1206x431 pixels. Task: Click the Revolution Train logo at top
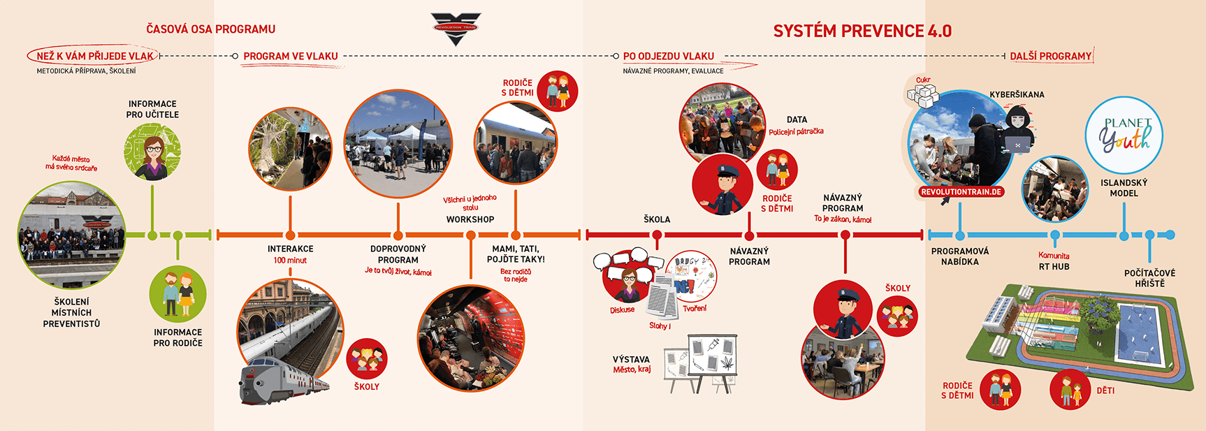[x=456, y=29]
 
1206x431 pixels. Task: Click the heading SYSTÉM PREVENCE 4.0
[x=862, y=31]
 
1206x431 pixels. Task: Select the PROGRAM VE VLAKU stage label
[x=291, y=56]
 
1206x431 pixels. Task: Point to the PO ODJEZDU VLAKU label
[x=668, y=56]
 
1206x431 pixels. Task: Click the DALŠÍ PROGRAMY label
[x=1050, y=56]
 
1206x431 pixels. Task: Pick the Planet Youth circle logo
[x=1124, y=136]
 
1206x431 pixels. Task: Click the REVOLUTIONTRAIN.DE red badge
[x=961, y=191]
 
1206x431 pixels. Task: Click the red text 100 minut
[x=290, y=261]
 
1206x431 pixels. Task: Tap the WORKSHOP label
[x=470, y=219]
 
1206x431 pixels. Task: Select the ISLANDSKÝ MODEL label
[x=1124, y=188]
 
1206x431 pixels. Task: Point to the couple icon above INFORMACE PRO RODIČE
[x=177, y=294]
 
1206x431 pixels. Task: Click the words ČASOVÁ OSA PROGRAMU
[x=210, y=29]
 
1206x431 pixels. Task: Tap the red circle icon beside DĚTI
[x=1070, y=390]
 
